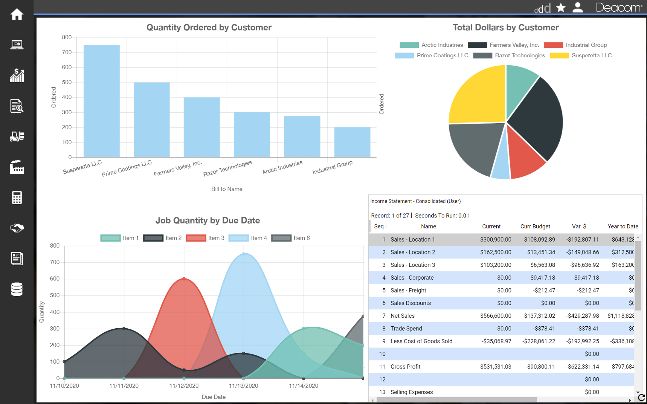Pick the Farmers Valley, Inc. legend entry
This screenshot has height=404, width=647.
[504, 45]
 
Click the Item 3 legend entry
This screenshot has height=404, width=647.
[205, 238]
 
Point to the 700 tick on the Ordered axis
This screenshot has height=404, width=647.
[67, 52]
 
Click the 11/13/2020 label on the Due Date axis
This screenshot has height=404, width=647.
[243, 386]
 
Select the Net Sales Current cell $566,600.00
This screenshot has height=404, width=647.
[495, 316]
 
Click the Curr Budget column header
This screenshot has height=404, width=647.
[535, 226]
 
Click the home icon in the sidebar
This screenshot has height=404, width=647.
[17, 14]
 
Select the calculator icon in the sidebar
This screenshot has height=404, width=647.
[17, 197]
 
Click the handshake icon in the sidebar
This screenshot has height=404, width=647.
[17, 228]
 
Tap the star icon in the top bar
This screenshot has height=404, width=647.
[561, 8]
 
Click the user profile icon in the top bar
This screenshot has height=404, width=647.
[577, 8]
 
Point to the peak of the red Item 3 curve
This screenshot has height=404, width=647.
[184, 279]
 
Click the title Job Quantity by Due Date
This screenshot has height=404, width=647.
[208, 220]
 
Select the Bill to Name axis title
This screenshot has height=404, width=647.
[227, 189]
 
